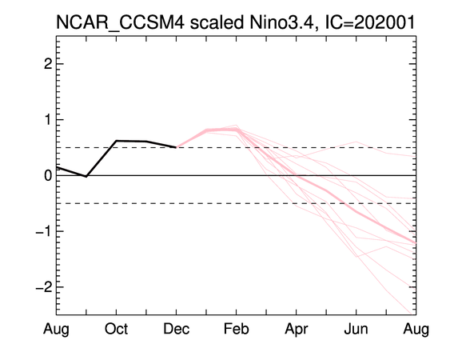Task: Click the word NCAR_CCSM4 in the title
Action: [x=120, y=22]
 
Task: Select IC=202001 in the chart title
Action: [x=370, y=22]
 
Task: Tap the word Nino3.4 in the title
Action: [x=284, y=22]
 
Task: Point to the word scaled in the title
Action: [x=217, y=22]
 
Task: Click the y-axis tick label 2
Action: [x=48, y=64]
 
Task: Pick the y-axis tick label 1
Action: [x=48, y=120]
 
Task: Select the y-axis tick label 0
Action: [x=48, y=175]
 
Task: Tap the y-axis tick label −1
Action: [x=44, y=231]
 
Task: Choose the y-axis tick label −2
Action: [x=44, y=287]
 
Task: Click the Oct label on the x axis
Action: [x=116, y=329]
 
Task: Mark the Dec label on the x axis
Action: [x=176, y=329]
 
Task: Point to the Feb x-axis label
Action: [x=237, y=329]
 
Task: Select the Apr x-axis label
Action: [x=297, y=330]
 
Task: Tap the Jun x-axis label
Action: [x=356, y=329]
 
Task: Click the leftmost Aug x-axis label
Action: [x=56, y=330]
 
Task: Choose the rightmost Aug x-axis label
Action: [x=416, y=330]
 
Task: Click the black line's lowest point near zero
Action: [x=86, y=176]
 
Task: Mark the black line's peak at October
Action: [x=116, y=141]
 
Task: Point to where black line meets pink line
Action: [x=176, y=147]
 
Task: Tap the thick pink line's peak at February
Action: [x=237, y=130]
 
